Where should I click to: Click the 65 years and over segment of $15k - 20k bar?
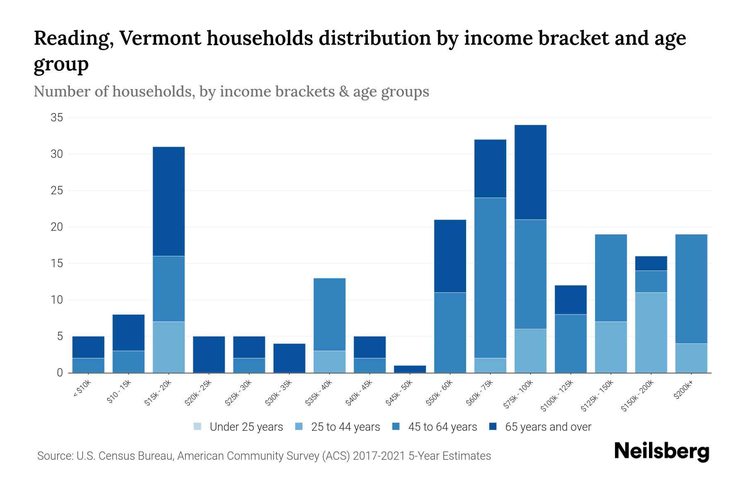coord(168,201)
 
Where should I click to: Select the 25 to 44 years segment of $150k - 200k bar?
coord(651,333)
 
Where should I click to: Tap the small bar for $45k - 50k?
coord(410,369)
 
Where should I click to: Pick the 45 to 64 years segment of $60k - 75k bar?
coord(490,277)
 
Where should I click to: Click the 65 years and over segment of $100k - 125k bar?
coord(570,300)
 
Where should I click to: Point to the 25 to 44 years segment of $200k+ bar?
coord(691,358)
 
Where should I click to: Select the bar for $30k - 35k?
coord(289,358)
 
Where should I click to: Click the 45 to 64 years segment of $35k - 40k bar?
coord(329,314)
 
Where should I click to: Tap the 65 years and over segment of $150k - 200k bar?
coord(651,263)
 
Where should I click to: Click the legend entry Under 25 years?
coord(246,427)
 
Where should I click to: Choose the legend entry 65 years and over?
coord(548,427)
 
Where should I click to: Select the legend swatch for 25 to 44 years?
coord(299,427)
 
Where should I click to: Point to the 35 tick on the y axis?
coord(57,118)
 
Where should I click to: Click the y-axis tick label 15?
coord(57,263)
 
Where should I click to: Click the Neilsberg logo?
coord(661,451)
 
